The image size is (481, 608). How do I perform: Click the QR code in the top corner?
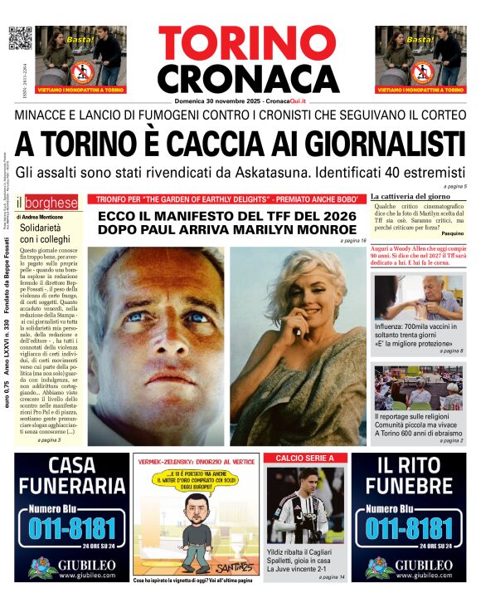pos(19,38)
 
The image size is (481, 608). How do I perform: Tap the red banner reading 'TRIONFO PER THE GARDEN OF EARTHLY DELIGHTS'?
pos(226,199)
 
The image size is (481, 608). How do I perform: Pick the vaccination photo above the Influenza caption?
pos(419,297)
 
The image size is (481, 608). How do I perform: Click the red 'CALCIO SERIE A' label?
pos(304,458)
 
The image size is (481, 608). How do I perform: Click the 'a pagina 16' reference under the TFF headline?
pos(352,241)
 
